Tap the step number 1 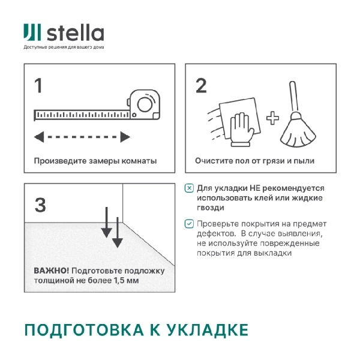[38, 86]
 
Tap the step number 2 [201, 86]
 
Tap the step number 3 [40, 205]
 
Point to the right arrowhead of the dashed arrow [125, 137]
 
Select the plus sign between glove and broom [273, 118]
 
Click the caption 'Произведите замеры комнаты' [95, 161]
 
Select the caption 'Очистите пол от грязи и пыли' [254, 161]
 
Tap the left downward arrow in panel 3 [106, 221]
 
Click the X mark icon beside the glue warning [190, 188]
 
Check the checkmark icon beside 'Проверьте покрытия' [190, 224]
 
